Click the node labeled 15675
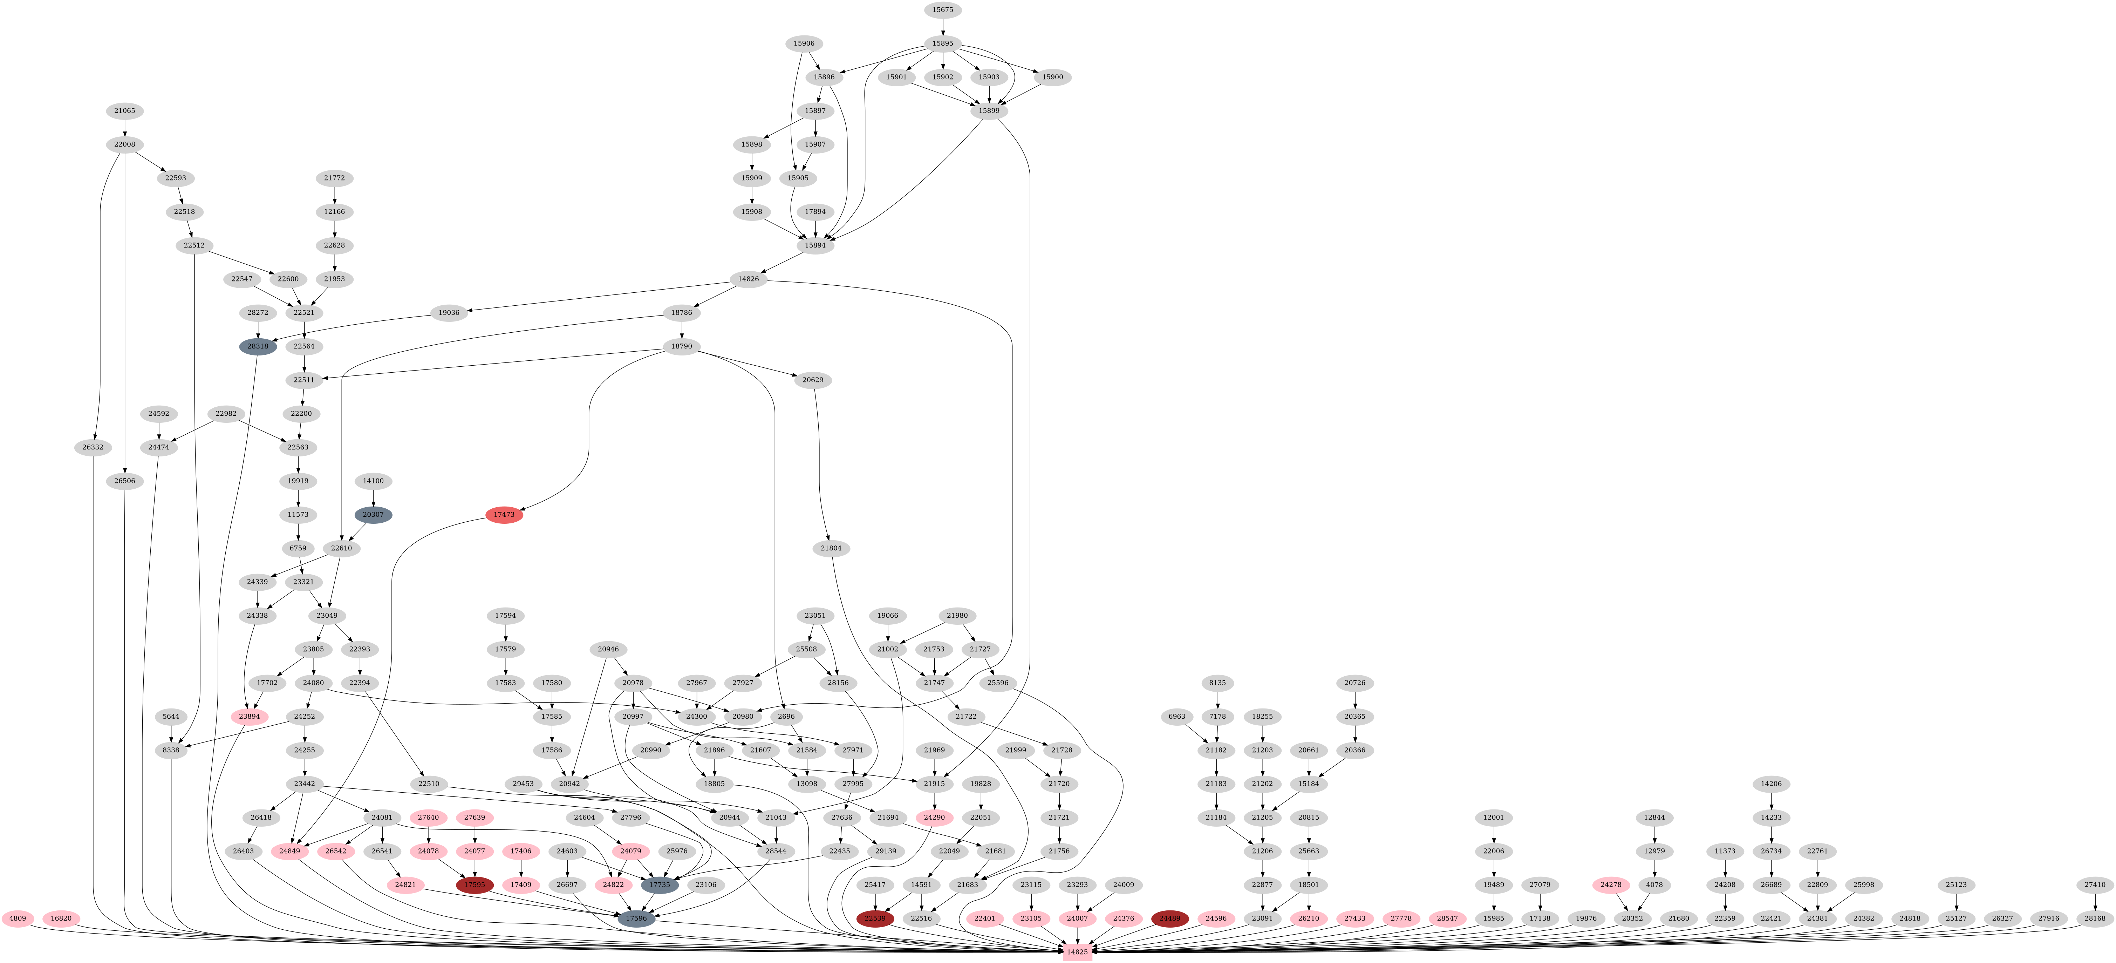942,10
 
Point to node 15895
942,43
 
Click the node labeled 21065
125,111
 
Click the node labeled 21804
831,548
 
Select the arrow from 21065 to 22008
125,127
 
